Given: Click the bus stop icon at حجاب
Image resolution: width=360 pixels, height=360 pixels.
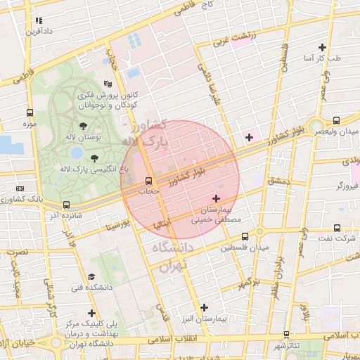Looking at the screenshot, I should (x=149, y=179).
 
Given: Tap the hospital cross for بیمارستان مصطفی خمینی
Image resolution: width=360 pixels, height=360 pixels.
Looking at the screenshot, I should (x=216, y=198).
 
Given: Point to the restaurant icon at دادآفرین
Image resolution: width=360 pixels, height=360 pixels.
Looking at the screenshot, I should (x=39, y=21).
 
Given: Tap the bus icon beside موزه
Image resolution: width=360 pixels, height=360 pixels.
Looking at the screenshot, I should (x=30, y=112).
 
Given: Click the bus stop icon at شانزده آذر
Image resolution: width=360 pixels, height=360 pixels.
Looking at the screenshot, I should (x=66, y=205).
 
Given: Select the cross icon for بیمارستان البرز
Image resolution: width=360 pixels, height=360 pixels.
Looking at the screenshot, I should (x=205, y=307).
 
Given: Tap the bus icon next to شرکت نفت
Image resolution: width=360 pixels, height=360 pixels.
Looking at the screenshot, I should (x=337, y=228).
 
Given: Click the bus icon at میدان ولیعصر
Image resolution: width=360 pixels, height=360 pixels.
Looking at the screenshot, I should (x=337, y=120).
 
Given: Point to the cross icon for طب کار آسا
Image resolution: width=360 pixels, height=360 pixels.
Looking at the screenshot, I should (x=322, y=47).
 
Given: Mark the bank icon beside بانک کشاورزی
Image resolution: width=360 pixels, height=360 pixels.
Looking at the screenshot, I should (x=19, y=189).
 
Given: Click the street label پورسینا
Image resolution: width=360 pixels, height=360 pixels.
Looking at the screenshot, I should (x=120, y=226).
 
